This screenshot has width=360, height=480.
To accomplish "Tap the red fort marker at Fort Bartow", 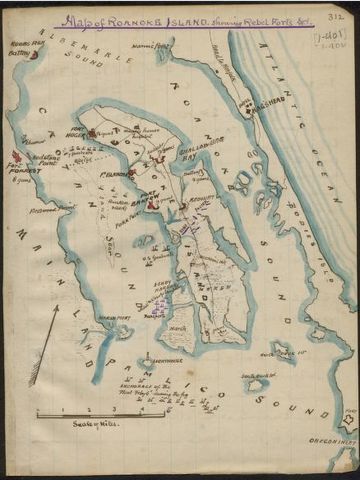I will tap(149, 205).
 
